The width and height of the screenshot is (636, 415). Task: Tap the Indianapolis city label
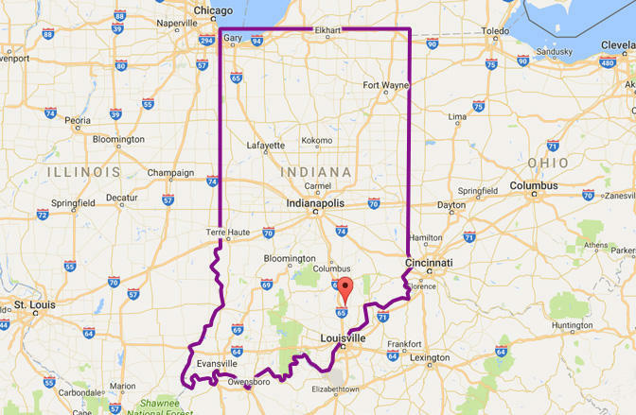tap(316, 203)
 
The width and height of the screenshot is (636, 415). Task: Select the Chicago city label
tap(213, 10)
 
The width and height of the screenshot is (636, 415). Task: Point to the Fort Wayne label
tap(385, 85)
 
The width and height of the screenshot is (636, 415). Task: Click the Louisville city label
tap(342, 337)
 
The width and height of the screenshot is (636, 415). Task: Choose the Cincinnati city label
tap(429, 262)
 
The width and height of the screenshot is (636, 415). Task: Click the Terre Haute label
tap(225, 232)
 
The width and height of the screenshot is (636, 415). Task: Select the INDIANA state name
tap(316, 172)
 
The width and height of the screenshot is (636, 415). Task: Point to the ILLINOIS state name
tap(84, 172)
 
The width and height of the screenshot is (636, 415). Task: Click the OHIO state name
tap(548, 163)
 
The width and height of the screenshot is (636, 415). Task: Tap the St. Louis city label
tap(34, 305)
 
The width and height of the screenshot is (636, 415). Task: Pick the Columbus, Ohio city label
tap(535, 185)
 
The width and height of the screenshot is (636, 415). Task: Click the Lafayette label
tap(265, 146)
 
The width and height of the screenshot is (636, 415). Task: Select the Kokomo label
tap(316, 140)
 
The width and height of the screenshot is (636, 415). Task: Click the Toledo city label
tap(495, 31)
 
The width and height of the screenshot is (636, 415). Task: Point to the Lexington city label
tap(430, 357)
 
